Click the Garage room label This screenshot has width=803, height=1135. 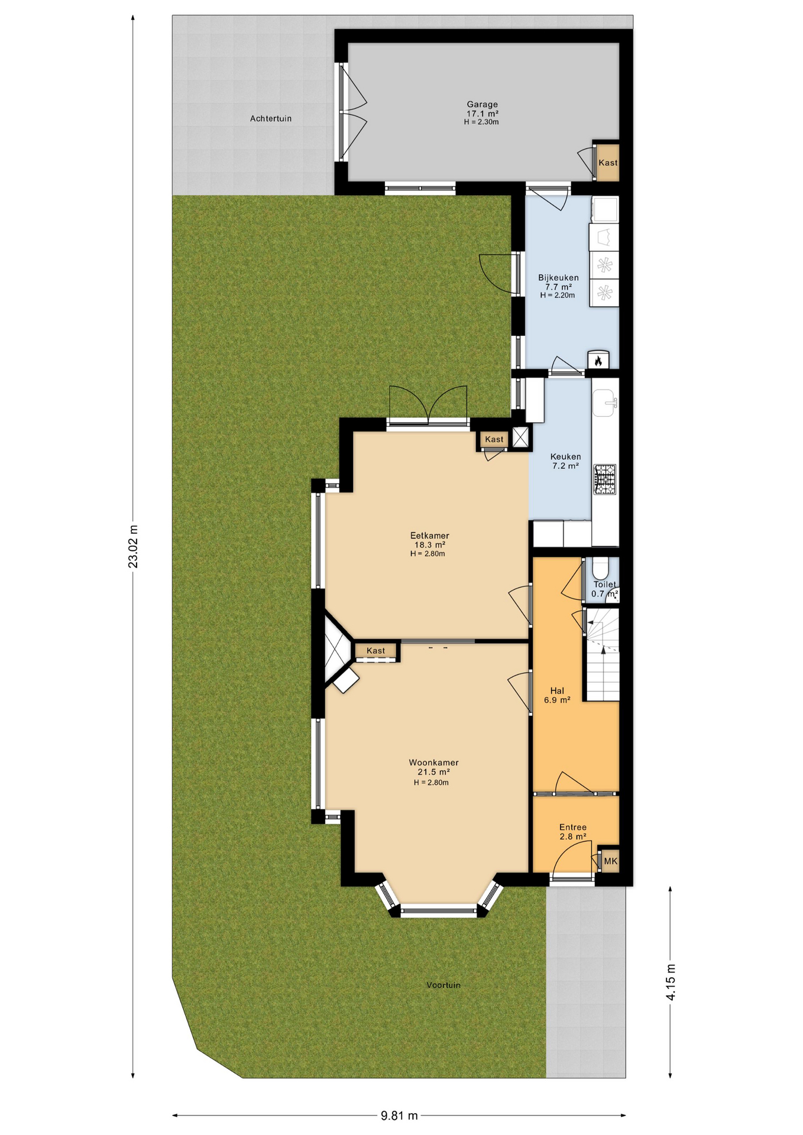[482, 105]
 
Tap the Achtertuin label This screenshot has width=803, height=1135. [271, 119]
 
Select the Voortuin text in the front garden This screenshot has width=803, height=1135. [443, 985]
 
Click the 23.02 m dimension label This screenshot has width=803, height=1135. [134, 546]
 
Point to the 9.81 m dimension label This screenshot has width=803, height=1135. [399, 1115]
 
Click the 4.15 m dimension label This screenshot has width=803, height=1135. [671, 982]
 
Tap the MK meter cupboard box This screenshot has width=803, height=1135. [610, 861]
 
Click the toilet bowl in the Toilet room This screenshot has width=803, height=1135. [600, 569]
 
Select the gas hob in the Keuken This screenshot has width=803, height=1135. [605, 479]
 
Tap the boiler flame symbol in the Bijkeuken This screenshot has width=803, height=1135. [598, 360]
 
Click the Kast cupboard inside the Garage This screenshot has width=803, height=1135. [607, 163]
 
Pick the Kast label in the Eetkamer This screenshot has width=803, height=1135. [494, 439]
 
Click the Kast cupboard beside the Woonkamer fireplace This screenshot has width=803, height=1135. [376, 651]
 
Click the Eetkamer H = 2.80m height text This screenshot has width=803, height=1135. [428, 554]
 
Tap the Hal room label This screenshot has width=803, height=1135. [557, 690]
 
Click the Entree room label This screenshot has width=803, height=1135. [573, 827]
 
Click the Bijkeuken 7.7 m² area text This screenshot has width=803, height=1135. [558, 287]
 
